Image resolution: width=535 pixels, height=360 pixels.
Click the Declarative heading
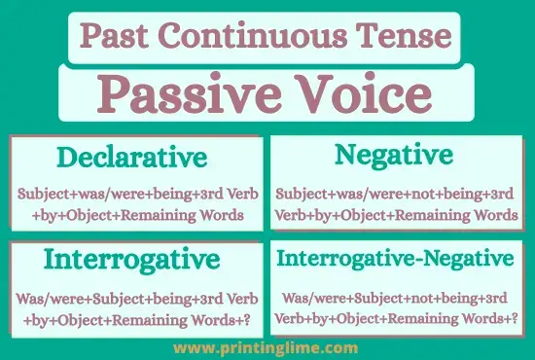tap(131, 158)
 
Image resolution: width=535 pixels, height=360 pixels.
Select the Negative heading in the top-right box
tap(393, 155)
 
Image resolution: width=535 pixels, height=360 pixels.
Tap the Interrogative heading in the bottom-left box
tap(131, 260)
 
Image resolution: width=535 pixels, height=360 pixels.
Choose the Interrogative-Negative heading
tap(394, 259)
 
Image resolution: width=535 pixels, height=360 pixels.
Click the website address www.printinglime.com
tap(266, 346)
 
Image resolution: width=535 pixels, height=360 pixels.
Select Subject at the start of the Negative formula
tap(301, 193)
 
